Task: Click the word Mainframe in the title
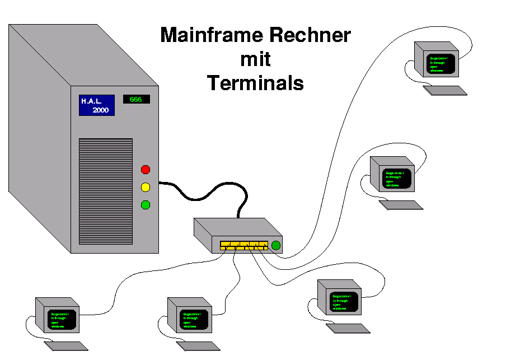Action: click(x=213, y=35)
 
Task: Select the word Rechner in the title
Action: click(x=310, y=35)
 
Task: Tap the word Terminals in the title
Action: click(x=255, y=83)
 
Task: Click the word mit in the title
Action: click(x=255, y=59)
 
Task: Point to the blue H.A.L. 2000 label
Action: click(x=96, y=105)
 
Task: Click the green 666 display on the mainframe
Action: click(x=136, y=100)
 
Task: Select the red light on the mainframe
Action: click(x=146, y=170)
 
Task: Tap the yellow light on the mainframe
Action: click(x=146, y=187)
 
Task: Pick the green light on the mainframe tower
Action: click(x=146, y=205)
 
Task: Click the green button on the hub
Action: click(x=275, y=245)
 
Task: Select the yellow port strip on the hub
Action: click(x=244, y=245)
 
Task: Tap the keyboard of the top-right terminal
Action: click(x=445, y=90)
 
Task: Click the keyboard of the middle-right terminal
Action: click(x=401, y=205)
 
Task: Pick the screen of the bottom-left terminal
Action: click(x=62, y=320)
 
